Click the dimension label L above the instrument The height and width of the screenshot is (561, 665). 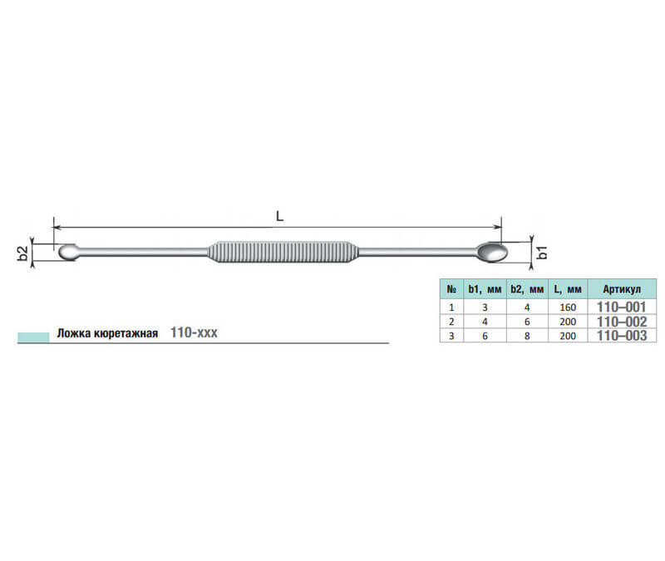(x=279, y=216)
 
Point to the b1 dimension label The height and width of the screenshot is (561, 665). (x=542, y=253)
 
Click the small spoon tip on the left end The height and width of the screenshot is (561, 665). (x=68, y=252)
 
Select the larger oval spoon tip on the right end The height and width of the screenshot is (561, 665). (x=492, y=253)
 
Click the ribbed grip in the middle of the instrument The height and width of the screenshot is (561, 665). (x=283, y=252)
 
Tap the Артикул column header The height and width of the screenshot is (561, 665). (x=622, y=289)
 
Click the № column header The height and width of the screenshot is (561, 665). (x=451, y=289)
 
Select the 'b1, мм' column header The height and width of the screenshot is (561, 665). (x=485, y=289)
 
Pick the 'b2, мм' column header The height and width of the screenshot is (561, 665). (x=527, y=289)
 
